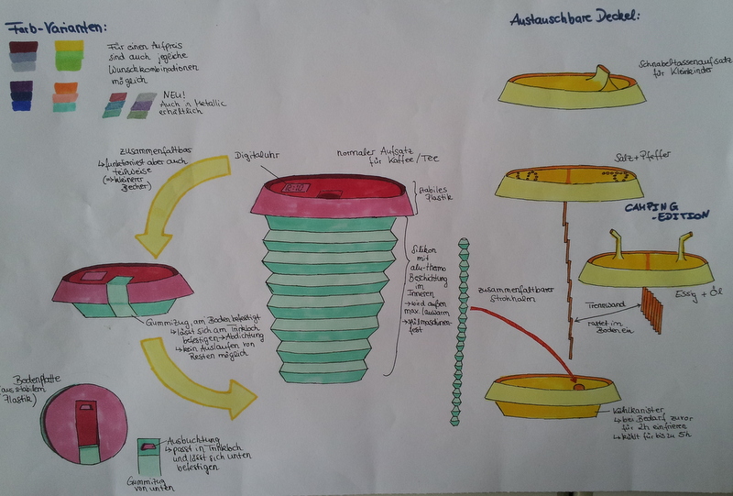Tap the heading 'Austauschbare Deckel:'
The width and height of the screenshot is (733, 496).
[x=574, y=17]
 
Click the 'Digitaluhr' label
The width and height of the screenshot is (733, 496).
[x=256, y=156]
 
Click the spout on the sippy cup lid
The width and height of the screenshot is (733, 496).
[x=604, y=75]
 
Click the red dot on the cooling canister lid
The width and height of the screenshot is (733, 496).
[x=578, y=388]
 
